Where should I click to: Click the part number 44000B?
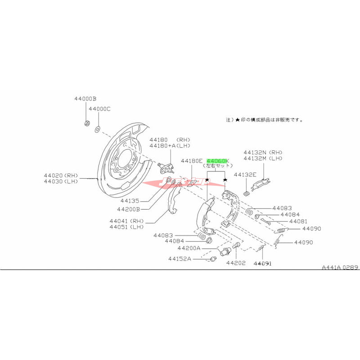point(86,98)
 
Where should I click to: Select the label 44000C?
point(99,109)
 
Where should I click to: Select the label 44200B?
point(129,209)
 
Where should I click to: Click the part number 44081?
point(298,221)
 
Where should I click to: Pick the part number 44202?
point(236,263)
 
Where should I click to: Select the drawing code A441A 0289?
point(340,267)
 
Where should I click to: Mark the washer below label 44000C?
point(97,130)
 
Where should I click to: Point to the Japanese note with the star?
point(264,121)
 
